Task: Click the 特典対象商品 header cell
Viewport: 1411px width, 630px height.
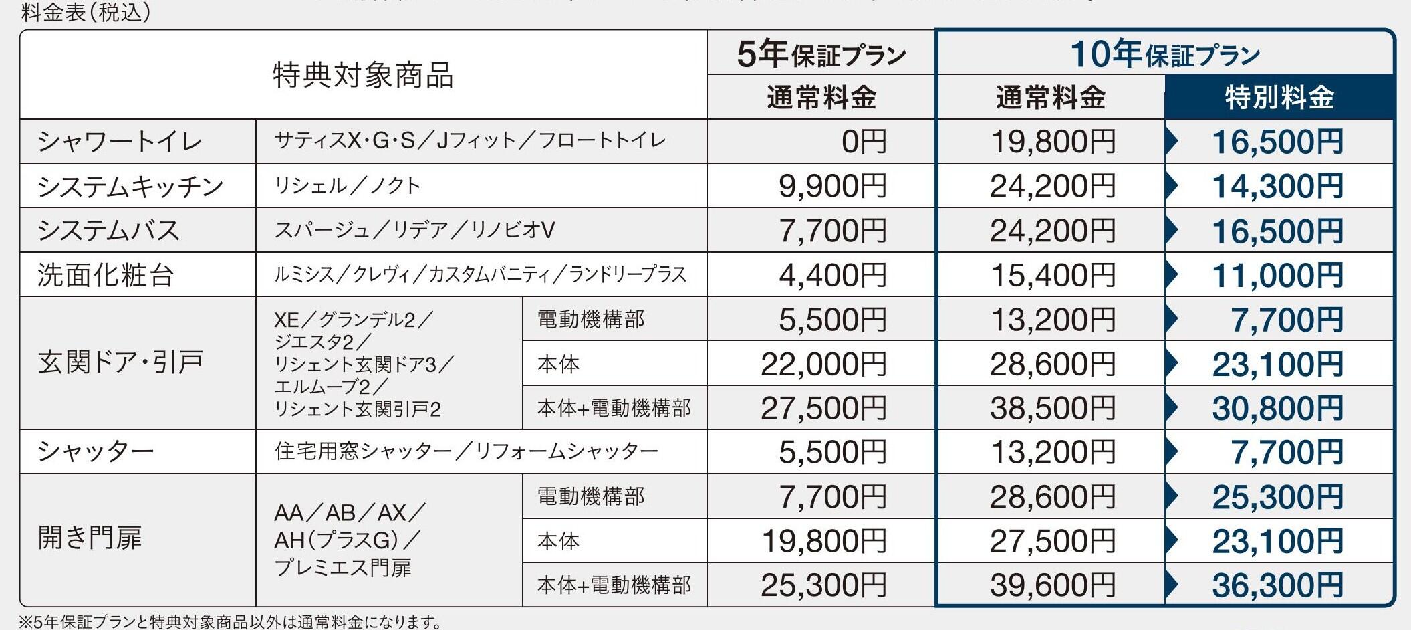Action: pos(363,75)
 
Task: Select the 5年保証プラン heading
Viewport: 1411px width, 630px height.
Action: pos(821,54)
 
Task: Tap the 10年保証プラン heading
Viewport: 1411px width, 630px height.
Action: pos(1165,54)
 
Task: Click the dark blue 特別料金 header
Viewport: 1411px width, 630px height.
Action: pos(1279,98)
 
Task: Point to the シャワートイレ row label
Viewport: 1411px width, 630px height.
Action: pos(120,142)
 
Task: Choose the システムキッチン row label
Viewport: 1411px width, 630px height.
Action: pos(130,186)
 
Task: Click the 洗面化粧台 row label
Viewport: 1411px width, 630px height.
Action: pos(106,275)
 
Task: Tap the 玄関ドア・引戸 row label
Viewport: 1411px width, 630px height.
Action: pos(121,362)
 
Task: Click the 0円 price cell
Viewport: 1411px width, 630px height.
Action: pos(864,142)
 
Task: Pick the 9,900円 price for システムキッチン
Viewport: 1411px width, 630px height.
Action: pos(832,186)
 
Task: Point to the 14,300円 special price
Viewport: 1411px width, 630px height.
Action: pos(1277,186)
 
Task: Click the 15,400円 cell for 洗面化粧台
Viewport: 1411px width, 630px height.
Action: pos(1053,275)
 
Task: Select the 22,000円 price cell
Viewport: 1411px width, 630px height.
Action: pos(823,364)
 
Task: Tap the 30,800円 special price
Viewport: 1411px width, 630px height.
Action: pos(1277,408)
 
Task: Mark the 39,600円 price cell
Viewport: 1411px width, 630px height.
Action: pos(1053,585)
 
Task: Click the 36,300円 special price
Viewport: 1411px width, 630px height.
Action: pos(1277,585)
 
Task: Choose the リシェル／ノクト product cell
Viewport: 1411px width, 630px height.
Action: pos(348,186)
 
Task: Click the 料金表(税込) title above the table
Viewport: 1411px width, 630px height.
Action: pos(86,12)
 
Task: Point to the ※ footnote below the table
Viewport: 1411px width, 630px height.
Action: pos(231,622)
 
